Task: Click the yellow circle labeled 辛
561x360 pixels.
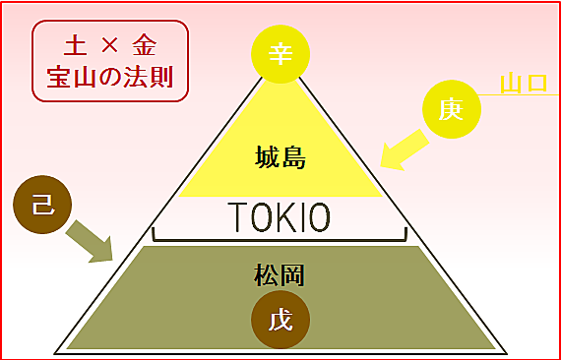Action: pos(281,53)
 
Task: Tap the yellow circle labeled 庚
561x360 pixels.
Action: pos(452,110)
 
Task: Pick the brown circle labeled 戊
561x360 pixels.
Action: pos(280,321)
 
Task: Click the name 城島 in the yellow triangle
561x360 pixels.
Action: pos(280,157)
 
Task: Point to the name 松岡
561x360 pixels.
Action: pos(280,274)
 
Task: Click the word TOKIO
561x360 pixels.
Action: pos(280,215)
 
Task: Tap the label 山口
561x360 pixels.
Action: pos(523,84)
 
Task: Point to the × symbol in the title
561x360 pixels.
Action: pos(109,46)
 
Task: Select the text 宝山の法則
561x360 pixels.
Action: pos(109,77)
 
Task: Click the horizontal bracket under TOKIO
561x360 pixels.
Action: pos(280,239)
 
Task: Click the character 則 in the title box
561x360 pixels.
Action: pos(160,77)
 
